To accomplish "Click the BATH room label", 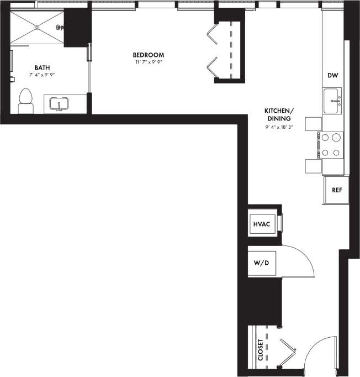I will tap(42, 68).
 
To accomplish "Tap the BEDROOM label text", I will tap(149, 55).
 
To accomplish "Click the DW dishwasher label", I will tap(332, 75).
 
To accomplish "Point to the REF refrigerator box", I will tap(336, 190).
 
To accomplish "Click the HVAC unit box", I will tap(261, 224).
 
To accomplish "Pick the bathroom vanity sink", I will tap(59, 103).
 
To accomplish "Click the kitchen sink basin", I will tap(332, 102).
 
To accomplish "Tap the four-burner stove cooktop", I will tap(331, 145).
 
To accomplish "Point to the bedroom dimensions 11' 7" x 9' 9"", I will tap(149, 62).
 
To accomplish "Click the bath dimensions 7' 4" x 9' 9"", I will tap(42, 75).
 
